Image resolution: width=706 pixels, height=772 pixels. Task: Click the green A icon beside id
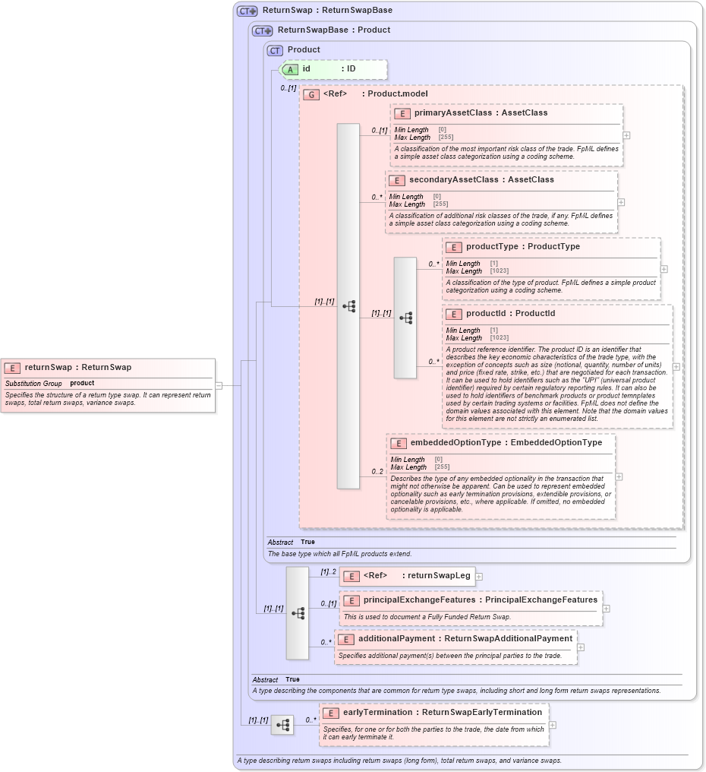coord(291,69)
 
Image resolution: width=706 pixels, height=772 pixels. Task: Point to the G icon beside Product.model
coord(310,95)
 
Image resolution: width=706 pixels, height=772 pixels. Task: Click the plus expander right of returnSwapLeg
coord(479,577)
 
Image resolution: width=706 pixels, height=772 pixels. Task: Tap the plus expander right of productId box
coord(676,367)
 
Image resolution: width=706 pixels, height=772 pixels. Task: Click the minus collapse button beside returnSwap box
coord(219,385)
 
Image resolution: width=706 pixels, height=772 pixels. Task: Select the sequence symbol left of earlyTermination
coord(282,726)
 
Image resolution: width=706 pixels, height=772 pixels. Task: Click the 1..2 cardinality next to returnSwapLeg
coord(328,572)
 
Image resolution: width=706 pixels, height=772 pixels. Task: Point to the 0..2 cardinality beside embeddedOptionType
coord(377,472)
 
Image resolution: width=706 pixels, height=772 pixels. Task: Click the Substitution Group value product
coord(82,384)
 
